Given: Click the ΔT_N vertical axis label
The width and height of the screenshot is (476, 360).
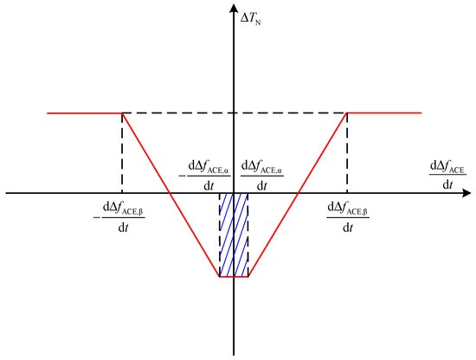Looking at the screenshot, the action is click(x=250, y=19).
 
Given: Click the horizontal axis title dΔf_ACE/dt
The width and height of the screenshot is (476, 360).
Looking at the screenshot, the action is click(x=447, y=175).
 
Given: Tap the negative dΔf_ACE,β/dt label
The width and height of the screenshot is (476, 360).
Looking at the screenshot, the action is click(x=119, y=217).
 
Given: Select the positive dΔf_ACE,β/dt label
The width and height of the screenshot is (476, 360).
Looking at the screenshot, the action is click(x=348, y=217).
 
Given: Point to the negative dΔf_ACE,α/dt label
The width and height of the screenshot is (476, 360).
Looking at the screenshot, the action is click(x=204, y=176).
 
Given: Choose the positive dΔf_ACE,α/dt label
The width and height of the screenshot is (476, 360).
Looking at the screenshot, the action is click(x=262, y=176).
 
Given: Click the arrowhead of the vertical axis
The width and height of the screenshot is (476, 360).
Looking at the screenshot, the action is click(x=234, y=9).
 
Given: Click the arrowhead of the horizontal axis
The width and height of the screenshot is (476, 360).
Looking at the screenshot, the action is click(x=466, y=193).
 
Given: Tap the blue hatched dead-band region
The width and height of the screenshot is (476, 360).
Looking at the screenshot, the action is click(x=234, y=235).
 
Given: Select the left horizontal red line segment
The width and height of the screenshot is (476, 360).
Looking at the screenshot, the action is click(x=85, y=113).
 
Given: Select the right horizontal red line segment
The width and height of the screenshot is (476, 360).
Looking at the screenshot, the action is click(x=384, y=112).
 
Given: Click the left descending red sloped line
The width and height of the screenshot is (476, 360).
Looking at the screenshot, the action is click(x=170, y=195).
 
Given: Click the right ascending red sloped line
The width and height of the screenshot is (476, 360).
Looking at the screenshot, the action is click(x=298, y=195).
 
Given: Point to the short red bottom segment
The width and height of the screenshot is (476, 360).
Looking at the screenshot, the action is click(x=234, y=277).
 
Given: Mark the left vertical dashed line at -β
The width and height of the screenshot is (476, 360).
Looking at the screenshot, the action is click(x=122, y=153).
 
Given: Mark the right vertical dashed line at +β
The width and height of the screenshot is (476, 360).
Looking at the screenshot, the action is click(x=347, y=153).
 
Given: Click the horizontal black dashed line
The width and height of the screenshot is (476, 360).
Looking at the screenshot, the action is click(x=235, y=112).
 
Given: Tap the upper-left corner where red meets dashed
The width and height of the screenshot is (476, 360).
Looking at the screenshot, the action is click(x=122, y=113).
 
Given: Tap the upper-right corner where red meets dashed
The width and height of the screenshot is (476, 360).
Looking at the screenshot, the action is click(x=347, y=112).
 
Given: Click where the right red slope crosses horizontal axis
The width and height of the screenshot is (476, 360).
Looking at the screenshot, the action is click(x=299, y=193).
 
